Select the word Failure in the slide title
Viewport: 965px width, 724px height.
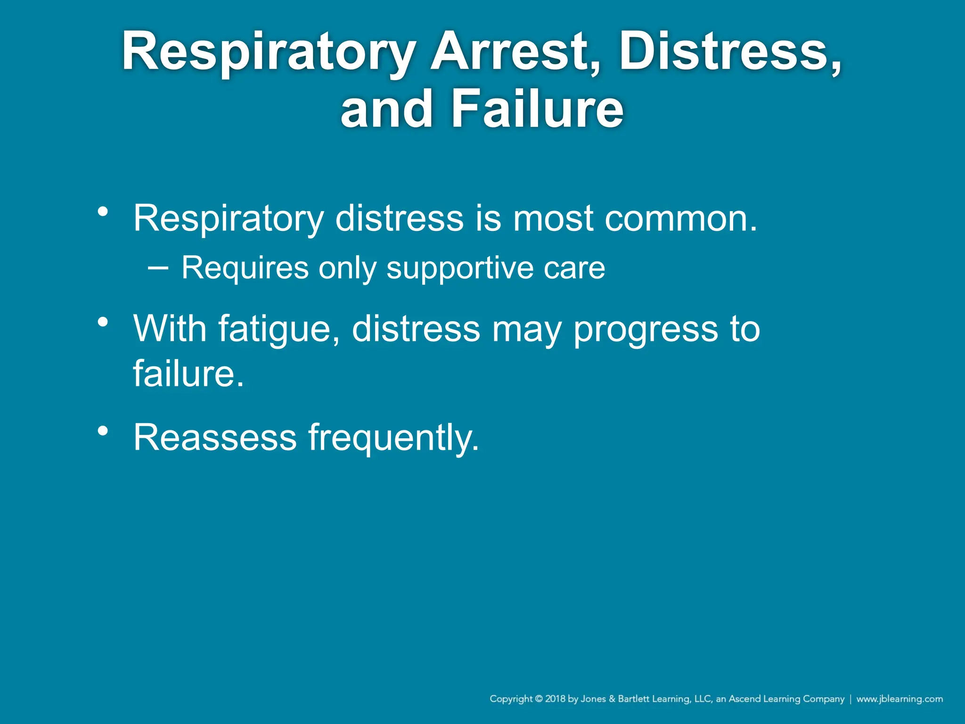tap(537, 109)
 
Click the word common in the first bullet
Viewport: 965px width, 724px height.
tap(681, 219)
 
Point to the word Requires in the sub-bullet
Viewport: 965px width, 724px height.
tap(245, 268)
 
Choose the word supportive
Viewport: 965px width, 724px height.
tap(459, 268)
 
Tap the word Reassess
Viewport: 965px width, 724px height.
tap(215, 437)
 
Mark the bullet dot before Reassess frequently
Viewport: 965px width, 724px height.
tap(103, 431)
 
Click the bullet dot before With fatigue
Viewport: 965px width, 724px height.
tap(103, 322)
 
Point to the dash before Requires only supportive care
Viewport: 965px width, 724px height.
tap(158, 267)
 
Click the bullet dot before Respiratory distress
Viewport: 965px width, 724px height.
tap(103, 212)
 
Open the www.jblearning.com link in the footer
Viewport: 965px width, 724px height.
tap(900, 699)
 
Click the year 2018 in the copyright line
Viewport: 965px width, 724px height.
tap(555, 699)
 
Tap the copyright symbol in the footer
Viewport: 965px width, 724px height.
tap(539, 699)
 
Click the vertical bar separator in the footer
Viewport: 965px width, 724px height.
tap(851, 699)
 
